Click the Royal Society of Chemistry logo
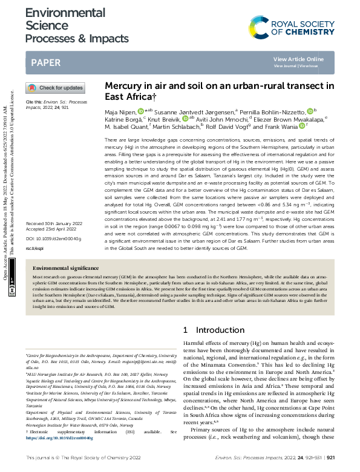pyautogui.click(x=292, y=28)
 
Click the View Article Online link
pyautogui.click(x=299, y=59)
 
